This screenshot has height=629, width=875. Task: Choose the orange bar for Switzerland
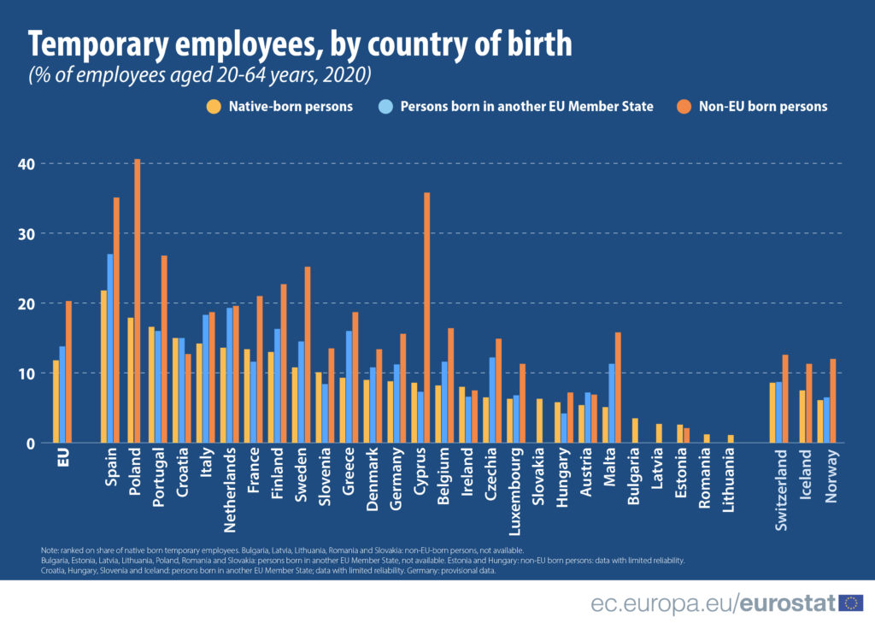pos(785,398)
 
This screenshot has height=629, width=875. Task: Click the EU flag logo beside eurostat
pos(850,603)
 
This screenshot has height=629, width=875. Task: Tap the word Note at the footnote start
pos(48,550)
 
